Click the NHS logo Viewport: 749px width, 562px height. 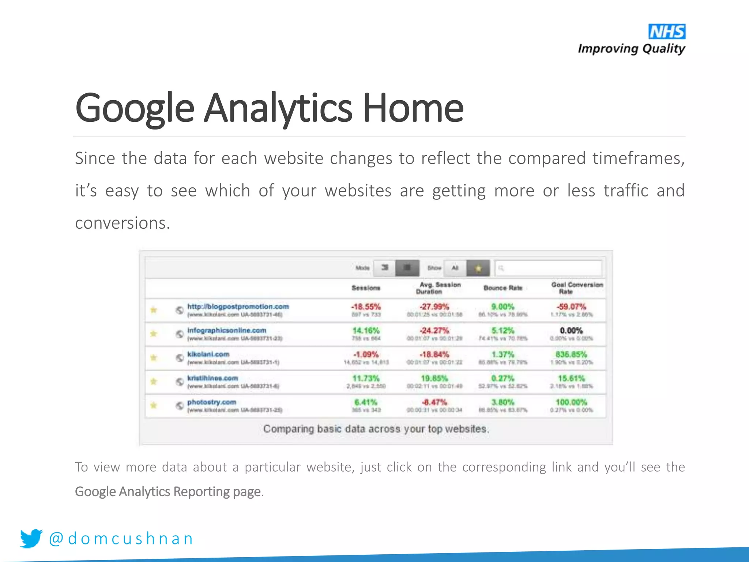(x=666, y=32)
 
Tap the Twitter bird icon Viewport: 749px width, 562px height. (x=31, y=538)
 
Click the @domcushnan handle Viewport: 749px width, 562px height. (x=121, y=539)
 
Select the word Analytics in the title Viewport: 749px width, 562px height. (x=278, y=108)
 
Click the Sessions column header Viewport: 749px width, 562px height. (x=366, y=288)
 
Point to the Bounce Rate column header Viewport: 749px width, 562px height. (x=503, y=288)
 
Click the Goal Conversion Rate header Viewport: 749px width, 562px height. (x=577, y=288)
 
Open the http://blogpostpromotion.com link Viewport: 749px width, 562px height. (x=238, y=307)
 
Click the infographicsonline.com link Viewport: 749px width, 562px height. (x=227, y=330)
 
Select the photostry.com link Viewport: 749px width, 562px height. (x=212, y=402)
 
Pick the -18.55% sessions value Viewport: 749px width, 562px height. (x=366, y=307)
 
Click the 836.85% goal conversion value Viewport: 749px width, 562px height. (x=571, y=355)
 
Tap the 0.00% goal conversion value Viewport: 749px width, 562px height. (x=571, y=331)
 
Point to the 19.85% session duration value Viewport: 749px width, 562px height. (x=434, y=378)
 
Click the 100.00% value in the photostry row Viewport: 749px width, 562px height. (x=571, y=402)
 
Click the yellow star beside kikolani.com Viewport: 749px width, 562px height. (x=154, y=357)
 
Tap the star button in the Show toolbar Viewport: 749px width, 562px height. (x=478, y=268)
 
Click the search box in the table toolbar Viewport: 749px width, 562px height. (x=549, y=268)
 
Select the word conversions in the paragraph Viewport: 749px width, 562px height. (x=123, y=223)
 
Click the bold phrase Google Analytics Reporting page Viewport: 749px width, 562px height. (x=168, y=492)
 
